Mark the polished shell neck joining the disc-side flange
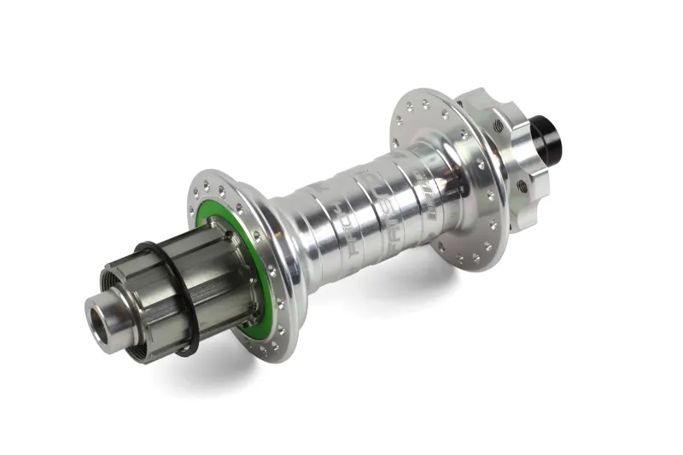tap(435, 184)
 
